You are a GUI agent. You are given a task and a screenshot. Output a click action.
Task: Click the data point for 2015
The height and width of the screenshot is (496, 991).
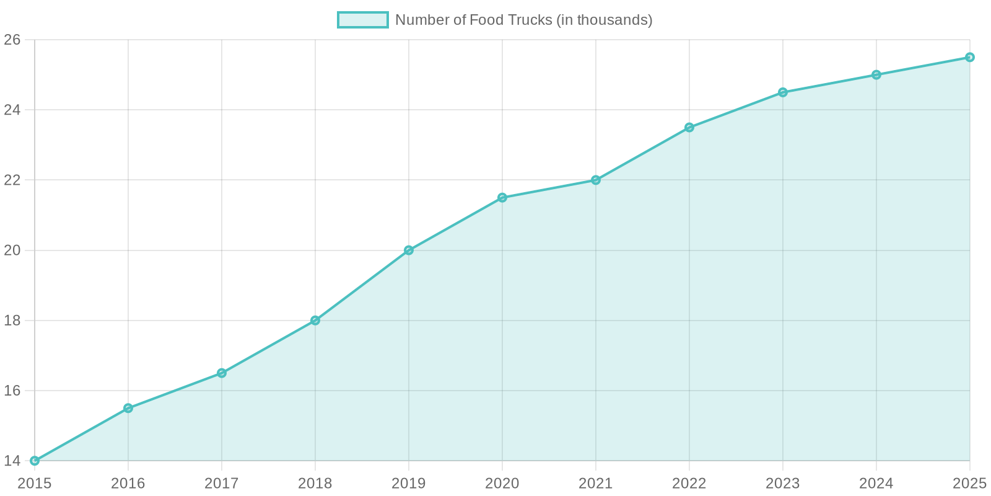(35, 461)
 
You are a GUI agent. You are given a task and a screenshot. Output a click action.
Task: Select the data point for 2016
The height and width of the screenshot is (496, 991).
(128, 407)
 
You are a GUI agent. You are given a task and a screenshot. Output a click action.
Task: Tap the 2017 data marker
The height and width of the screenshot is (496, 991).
(222, 373)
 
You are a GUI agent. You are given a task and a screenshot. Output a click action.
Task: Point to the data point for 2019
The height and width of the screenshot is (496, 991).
(409, 250)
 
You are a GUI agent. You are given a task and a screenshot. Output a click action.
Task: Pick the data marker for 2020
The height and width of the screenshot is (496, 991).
(502, 197)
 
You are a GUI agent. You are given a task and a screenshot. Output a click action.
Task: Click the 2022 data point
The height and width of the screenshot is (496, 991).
(689, 127)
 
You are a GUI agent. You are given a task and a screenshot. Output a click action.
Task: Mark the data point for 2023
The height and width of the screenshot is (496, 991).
(783, 92)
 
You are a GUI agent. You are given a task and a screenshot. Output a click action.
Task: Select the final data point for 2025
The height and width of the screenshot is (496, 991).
(970, 57)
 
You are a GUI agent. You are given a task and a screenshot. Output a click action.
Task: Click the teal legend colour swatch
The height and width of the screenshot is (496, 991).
(362, 20)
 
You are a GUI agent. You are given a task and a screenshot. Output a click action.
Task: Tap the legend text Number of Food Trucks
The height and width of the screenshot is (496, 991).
(523, 20)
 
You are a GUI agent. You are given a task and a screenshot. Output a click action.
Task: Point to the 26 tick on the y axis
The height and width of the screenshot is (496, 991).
(12, 40)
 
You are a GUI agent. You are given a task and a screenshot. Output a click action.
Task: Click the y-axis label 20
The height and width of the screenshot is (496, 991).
(12, 250)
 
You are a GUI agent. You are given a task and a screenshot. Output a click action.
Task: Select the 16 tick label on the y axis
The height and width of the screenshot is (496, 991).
(12, 391)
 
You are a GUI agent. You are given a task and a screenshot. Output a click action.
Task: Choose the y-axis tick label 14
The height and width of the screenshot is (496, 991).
(12, 461)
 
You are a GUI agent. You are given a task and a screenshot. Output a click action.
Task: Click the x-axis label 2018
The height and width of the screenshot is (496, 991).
(315, 483)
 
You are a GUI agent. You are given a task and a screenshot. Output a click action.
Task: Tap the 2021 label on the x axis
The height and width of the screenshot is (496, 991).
(596, 483)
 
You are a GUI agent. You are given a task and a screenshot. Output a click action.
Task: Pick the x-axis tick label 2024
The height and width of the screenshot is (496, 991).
(876, 483)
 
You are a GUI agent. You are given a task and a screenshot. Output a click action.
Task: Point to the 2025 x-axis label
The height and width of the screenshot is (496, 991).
(969, 483)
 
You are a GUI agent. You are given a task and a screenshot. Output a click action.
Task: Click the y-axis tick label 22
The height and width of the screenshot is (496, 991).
(12, 180)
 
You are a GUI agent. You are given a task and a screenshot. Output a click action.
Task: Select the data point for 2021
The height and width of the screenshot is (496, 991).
(596, 180)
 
